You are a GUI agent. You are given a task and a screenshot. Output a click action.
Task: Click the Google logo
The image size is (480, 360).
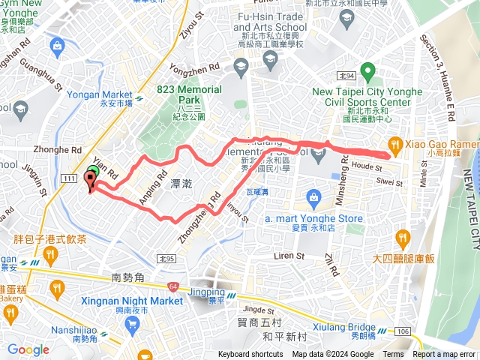pyautogui.click(x=28, y=349)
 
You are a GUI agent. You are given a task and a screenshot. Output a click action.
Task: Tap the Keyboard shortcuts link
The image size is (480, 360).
pyautogui.click(x=250, y=355)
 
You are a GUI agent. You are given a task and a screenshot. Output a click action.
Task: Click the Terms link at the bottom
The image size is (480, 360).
pyautogui.click(x=393, y=355)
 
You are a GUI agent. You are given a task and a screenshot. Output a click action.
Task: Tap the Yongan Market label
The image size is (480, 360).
pyautogui.click(x=99, y=95)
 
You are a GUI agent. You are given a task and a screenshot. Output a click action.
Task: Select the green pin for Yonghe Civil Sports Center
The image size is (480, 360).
pyautogui.click(x=367, y=73)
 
